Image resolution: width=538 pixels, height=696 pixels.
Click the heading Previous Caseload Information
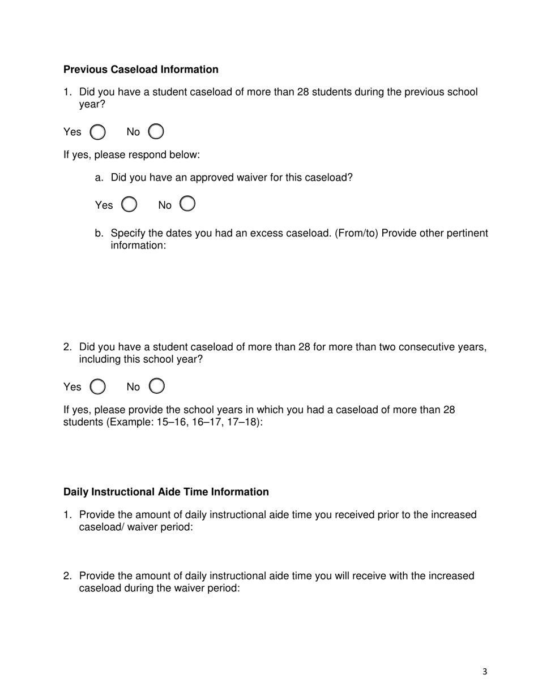click(x=140, y=70)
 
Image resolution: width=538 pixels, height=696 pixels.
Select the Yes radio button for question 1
click(x=98, y=132)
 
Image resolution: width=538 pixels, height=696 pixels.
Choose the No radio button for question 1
click(x=156, y=132)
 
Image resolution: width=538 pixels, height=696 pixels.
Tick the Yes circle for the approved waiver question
click(x=130, y=204)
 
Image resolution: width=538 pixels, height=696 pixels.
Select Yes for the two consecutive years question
click(x=98, y=387)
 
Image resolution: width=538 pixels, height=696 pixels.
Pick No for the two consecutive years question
click(x=157, y=386)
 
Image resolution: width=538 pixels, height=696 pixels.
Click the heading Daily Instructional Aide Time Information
click(x=166, y=492)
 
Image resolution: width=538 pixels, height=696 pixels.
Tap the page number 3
click(x=485, y=672)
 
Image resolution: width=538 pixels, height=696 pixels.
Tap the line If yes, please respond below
click(x=131, y=155)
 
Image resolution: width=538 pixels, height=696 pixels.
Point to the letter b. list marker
click(x=99, y=234)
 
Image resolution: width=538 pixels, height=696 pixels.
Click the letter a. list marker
click(x=99, y=178)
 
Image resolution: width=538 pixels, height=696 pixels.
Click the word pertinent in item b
click(x=464, y=234)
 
